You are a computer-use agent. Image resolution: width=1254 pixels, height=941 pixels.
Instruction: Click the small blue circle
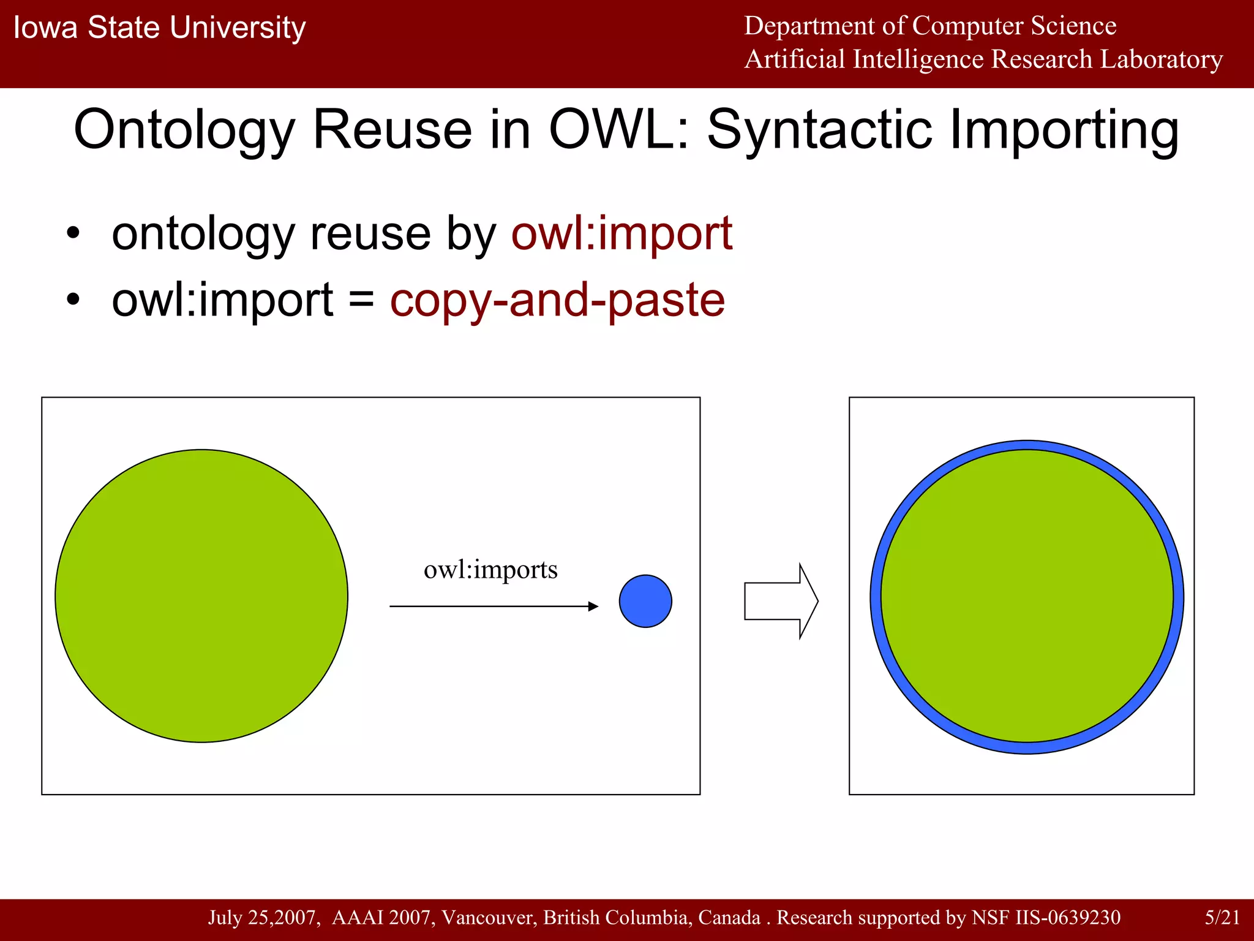(x=645, y=601)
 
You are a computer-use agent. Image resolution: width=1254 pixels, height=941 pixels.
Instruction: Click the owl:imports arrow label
(x=490, y=570)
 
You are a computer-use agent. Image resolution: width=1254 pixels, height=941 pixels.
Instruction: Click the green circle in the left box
(x=201, y=596)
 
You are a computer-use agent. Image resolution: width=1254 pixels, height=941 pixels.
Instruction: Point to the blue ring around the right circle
(x=1027, y=445)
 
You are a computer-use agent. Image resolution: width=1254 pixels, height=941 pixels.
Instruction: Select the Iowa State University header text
(x=159, y=28)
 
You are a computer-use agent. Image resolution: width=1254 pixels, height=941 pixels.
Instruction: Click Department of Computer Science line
(x=929, y=26)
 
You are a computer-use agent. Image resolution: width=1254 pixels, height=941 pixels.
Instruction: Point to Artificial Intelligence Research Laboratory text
(x=983, y=59)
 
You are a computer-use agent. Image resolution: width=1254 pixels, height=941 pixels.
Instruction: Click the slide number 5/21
(x=1222, y=917)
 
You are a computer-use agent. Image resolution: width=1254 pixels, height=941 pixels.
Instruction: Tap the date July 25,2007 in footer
(x=263, y=917)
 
